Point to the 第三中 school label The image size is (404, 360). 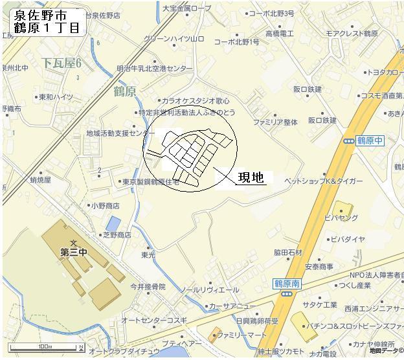[x=73, y=252]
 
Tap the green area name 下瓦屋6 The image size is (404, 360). [x=62, y=63]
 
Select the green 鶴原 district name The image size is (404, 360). [x=124, y=91]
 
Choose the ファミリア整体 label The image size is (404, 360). [x=275, y=122]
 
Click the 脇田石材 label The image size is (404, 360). [x=287, y=252]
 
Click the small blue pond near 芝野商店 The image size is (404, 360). [x=113, y=223]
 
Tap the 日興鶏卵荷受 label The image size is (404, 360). [x=256, y=321]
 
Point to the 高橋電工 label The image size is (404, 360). [x=279, y=32]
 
